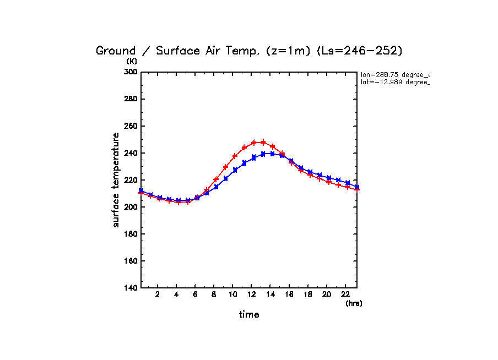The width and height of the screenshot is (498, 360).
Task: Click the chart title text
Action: point(250,51)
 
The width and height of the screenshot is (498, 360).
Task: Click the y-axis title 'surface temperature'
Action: point(116,180)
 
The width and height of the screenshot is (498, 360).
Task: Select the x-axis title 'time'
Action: point(249,315)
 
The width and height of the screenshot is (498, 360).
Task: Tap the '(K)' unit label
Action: point(132,61)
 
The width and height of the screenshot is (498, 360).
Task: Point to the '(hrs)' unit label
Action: point(354,303)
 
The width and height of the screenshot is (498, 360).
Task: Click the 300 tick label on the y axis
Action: point(130,72)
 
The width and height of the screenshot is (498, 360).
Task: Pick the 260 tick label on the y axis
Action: point(130,126)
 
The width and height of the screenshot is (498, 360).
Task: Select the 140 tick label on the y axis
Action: point(130,288)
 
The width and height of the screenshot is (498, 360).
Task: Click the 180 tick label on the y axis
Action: point(130,234)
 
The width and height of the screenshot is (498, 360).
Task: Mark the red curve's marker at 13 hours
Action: point(263,142)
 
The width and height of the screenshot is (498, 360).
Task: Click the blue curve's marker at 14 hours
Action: point(273,154)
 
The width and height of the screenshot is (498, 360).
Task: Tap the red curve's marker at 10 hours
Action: point(235,156)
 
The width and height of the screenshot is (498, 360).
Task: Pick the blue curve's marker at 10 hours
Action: point(235,170)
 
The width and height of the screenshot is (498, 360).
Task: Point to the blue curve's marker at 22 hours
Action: point(348,183)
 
